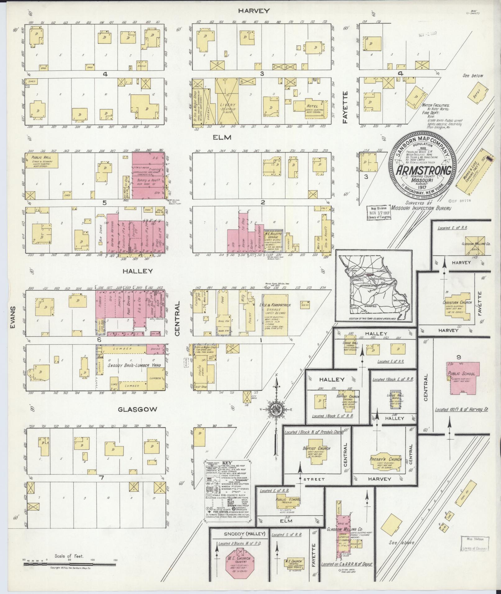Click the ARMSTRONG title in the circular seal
(x=423, y=170)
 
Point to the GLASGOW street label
(x=137, y=409)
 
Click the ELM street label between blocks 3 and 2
(x=222, y=137)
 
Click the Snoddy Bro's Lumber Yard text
(x=134, y=365)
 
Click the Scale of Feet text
(x=69, y=556)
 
